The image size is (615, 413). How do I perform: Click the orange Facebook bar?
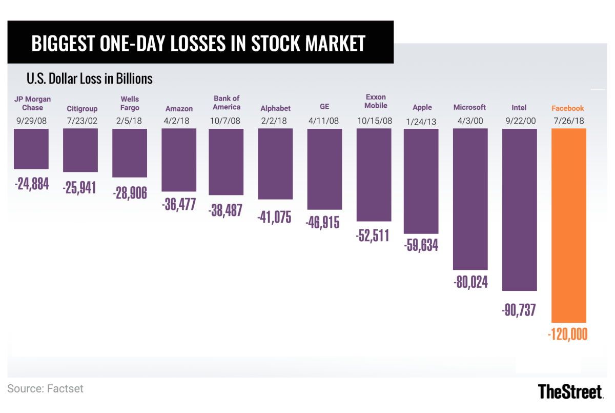[568, 225]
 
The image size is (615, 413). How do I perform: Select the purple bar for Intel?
[519, 209]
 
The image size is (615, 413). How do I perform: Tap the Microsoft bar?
[470, 199]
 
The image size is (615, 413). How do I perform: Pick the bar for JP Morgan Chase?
[31, 149]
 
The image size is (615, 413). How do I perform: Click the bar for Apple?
[421, 181]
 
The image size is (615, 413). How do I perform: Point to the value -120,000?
[568, 335]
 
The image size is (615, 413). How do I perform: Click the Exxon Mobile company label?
[376, 101]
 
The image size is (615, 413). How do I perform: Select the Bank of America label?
[227, 103]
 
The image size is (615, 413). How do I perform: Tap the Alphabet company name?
[275, 108]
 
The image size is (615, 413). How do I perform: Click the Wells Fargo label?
[130, 103]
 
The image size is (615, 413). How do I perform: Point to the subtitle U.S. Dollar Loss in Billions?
[89, 79]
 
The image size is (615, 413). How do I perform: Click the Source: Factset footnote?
[45, 388]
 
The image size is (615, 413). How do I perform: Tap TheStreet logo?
[570, 392]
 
